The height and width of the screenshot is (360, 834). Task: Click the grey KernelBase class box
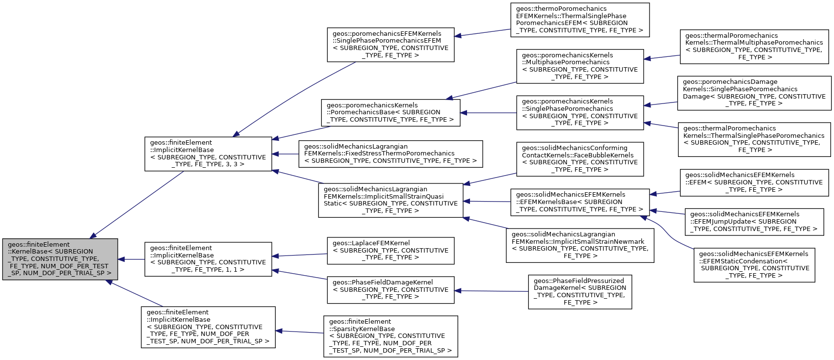tap(60, 259)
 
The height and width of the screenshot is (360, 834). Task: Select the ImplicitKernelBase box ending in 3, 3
tap(208, 154)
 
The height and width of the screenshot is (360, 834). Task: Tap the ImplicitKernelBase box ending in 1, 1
tap(208, 259)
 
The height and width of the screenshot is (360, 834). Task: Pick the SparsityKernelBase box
tap(391, 336)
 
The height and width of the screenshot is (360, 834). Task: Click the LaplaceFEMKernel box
tap(391, 251)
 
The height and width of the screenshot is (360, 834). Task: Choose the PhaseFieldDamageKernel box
tap(391, 290)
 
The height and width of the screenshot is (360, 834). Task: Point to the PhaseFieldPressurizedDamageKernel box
tap(580, 292)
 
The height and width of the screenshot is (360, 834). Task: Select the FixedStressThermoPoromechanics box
tap(391, 154)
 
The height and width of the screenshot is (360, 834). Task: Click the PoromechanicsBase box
tap(391, 112)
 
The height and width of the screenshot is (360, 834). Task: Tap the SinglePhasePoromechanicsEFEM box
tap(391, 45)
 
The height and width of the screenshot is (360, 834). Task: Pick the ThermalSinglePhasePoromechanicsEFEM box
tap(580, 20)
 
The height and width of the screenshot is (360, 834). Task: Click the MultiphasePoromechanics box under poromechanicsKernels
tap(580, 66)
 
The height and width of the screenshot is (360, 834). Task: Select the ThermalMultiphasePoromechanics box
tap(754, 47)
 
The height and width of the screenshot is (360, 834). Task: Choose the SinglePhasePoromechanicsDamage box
tap(754, 93)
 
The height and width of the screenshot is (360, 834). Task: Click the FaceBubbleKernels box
tap(580, 159)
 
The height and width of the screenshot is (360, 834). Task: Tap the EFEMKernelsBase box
tap(580, 202)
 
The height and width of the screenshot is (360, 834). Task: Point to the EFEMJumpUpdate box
tap(754, 222)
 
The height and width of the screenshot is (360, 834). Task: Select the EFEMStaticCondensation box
tap(754, 265)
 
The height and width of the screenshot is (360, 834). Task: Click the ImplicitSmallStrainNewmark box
tap(580, 245)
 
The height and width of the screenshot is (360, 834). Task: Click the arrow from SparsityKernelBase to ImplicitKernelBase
tap(299, 332)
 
